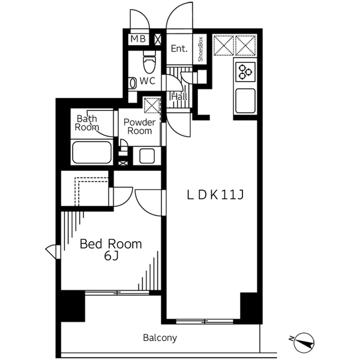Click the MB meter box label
tap(138, 39)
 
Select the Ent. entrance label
tap(179, 49)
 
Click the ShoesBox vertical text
tap(200, 49)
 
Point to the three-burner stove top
tap(245, 71)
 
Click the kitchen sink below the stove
tap(245, 101)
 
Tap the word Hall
tap(179, 97)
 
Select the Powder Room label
tap(140, 127)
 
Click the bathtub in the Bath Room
tap(92, 152)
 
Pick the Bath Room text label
tap(87, 123)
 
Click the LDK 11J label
tap(215, 195)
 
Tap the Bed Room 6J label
tap(111, 250)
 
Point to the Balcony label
tap(160, 338)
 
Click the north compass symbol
tap(304, 343)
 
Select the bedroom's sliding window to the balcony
tap(117, 293)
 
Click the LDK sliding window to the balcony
tap(205, 322)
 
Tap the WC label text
tap(147, 81)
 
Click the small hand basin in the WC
tap(133, 83)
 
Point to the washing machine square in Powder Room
tap(147, 156)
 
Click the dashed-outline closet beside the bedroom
tap(85, 188)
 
